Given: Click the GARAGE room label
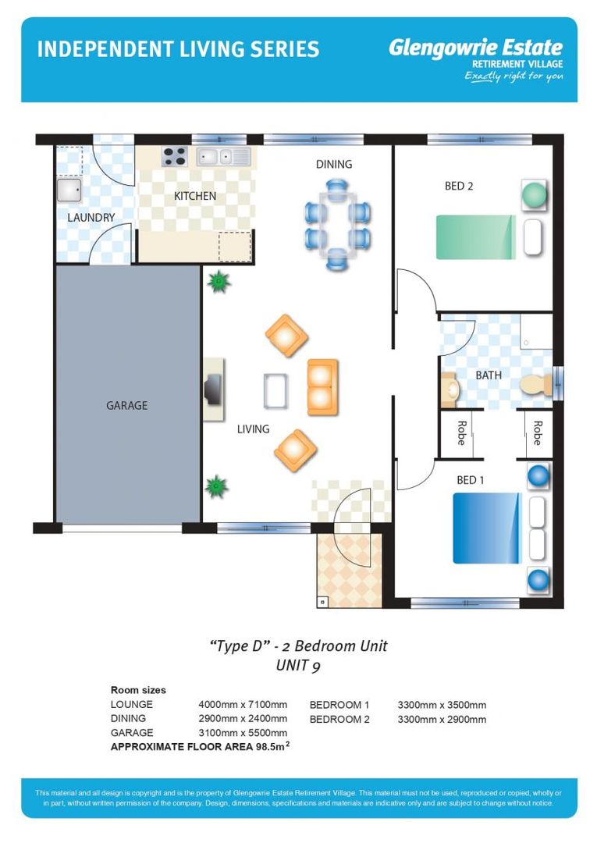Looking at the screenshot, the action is (127, 405).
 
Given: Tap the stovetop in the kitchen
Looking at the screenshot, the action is (175, 156).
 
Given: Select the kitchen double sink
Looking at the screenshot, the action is (223, 156).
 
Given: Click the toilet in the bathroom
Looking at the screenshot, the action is (536, 385).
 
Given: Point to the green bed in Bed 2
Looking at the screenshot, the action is (475, 237).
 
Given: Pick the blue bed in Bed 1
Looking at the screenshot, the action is (488, 528).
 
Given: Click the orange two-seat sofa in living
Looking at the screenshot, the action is (322, 387).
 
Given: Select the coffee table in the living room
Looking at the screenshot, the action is (276, 391).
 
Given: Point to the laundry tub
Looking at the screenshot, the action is (69, 190).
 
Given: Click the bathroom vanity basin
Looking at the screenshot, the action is (450, 388).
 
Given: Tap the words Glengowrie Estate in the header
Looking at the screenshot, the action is (475, 48).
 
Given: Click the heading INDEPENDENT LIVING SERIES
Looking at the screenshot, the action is (179, 49).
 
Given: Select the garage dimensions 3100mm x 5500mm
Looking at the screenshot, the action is (243, 733).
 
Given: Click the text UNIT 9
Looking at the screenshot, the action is (298, 666).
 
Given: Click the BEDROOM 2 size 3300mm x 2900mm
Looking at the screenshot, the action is (442, 720).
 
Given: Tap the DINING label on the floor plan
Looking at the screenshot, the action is (334, 164).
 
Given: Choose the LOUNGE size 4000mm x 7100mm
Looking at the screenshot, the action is (243, 704).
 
